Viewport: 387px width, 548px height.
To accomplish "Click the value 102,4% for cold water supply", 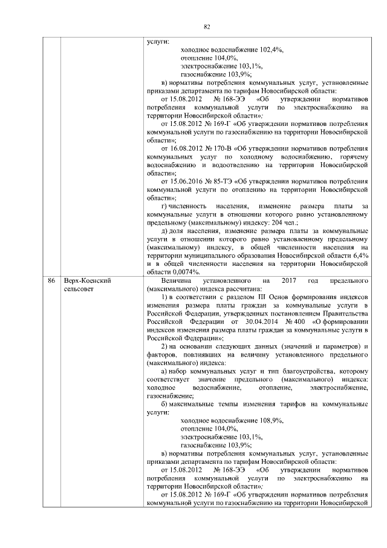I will (x=272, y=50).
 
